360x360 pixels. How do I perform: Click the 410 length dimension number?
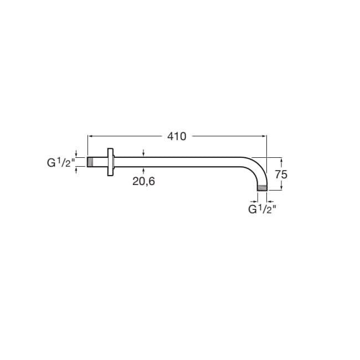tap(177, 136)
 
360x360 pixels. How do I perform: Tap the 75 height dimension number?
tap(281, 174)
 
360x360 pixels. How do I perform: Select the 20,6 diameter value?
tap(143, 181)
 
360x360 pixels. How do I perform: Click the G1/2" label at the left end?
tap(61, 163)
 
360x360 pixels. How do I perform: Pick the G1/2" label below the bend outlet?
tap(262, 209)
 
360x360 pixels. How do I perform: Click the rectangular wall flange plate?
tap(111, 162)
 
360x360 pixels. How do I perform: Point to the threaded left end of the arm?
tap(90, 162)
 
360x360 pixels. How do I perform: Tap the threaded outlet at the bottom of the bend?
tap(262, 188)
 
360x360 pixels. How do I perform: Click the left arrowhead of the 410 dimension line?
tap(90, 136)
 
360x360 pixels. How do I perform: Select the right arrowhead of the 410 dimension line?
tap(264, 136)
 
